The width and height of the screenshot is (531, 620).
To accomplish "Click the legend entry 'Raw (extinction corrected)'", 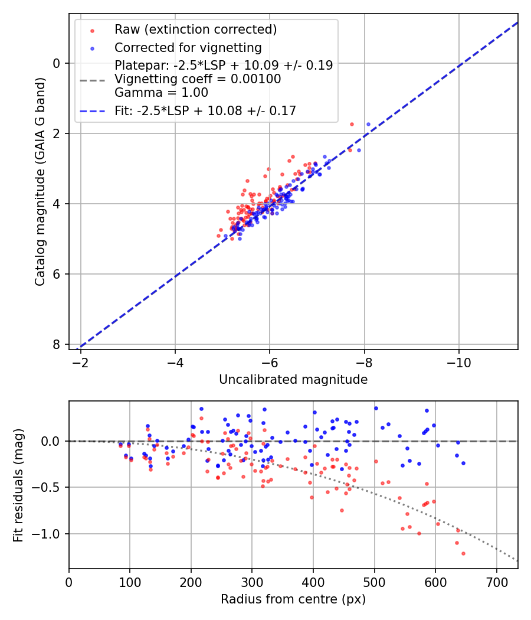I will click(195, 30).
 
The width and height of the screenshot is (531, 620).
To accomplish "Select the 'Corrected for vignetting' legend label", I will click(188, 47).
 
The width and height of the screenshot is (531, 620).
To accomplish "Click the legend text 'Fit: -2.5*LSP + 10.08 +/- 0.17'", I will click(205, 110).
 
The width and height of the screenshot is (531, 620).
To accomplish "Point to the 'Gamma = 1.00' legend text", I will click(161, 92).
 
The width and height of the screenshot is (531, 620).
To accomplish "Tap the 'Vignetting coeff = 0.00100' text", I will click(198, 79).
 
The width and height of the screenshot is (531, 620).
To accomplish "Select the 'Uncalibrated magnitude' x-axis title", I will click(293, 380).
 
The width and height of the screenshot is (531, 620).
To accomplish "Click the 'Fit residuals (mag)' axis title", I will click(18, 485).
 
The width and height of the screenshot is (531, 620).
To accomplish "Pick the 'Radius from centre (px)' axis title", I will click(293, 599).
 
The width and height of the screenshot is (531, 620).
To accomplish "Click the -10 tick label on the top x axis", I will click(458, 362).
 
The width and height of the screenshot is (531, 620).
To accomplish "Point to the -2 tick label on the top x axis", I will click(81, 362).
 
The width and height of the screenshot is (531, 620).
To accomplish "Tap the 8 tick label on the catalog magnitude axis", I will click(57, 344).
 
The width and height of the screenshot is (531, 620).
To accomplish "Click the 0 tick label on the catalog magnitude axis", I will click(57, 63).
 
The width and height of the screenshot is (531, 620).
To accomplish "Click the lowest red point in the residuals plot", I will click(463, 553).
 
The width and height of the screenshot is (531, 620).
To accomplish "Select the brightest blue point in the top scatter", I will click(368, 125).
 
